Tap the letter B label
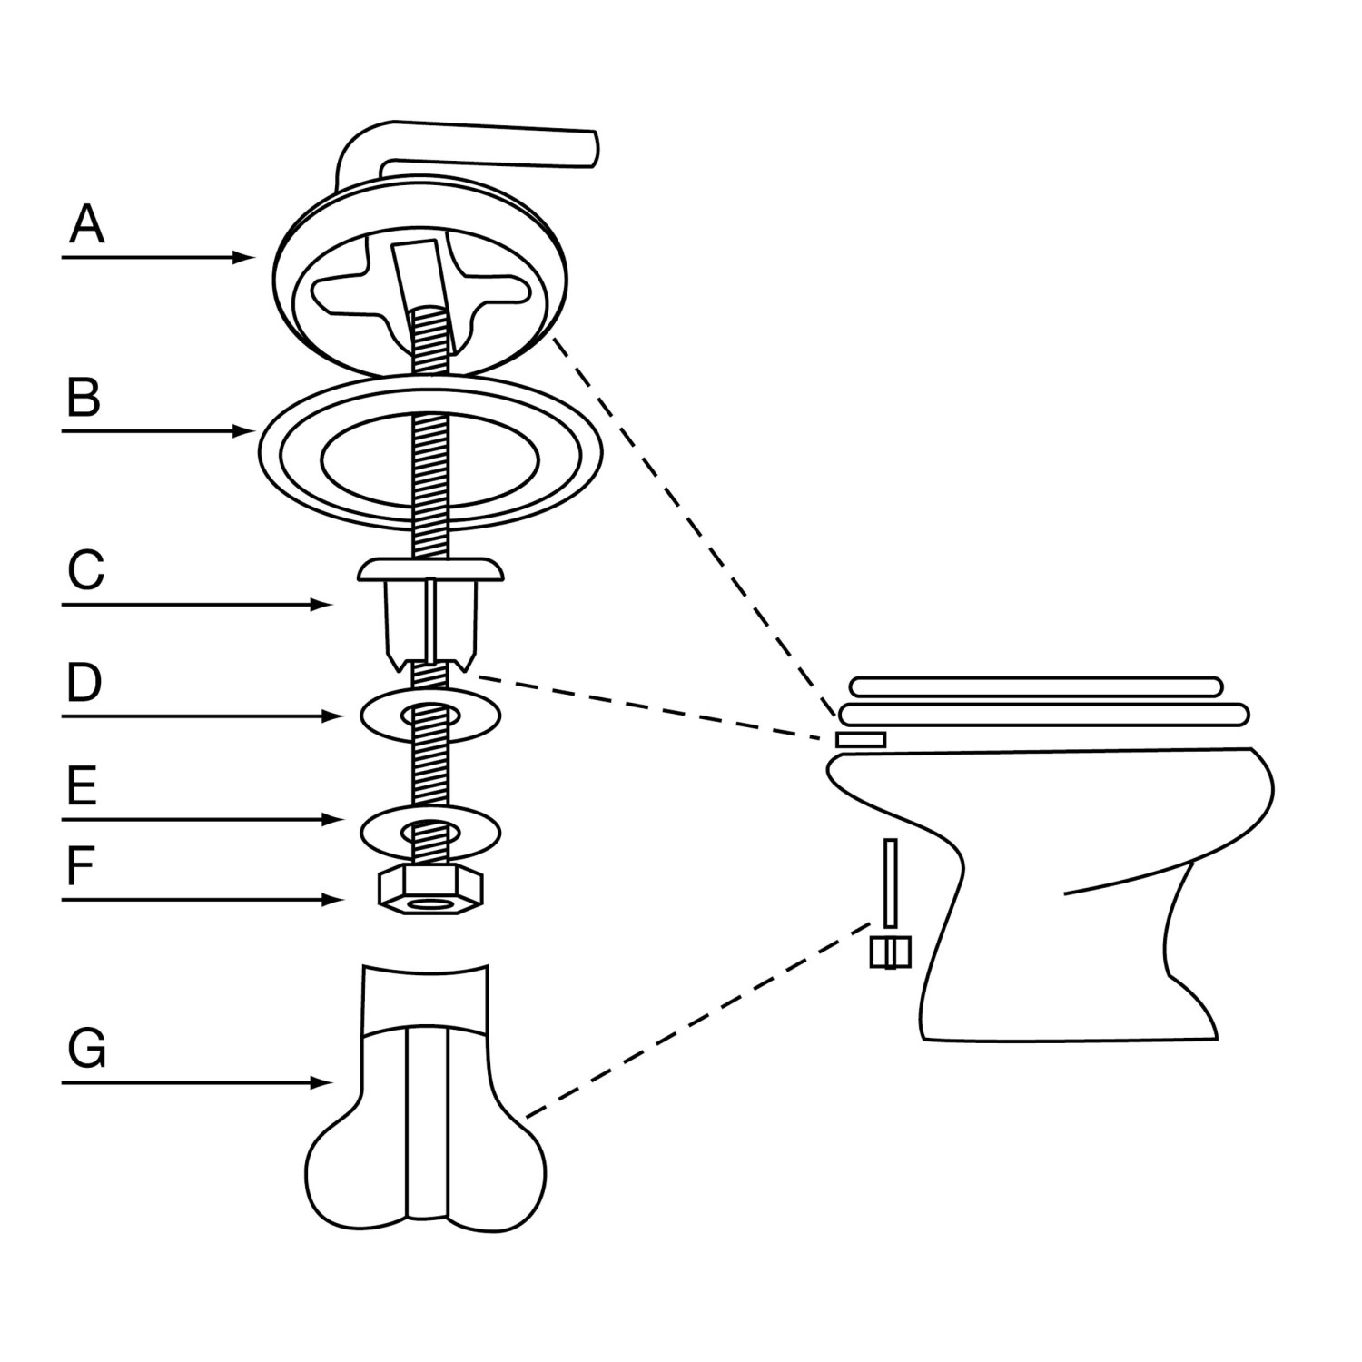84,397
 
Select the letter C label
85,569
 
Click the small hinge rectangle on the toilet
860,739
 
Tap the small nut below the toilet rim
890,952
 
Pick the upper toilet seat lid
1036,686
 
